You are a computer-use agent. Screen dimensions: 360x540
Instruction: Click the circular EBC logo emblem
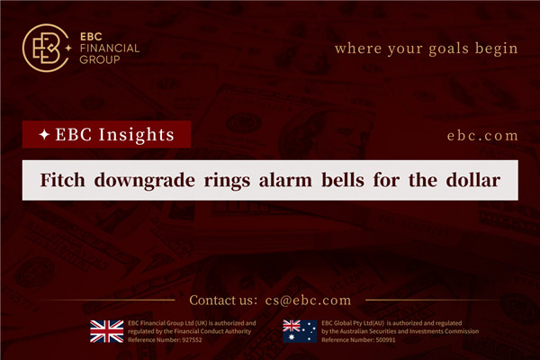(x=45, y=47)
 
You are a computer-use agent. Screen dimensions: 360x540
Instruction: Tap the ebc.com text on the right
(x=482, y=136)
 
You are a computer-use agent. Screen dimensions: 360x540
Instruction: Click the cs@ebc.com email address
(x=308, y=301)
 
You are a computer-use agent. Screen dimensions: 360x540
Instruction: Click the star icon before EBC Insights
(x=42, y=136)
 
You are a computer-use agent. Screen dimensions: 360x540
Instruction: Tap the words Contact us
(x=220, y=301)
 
